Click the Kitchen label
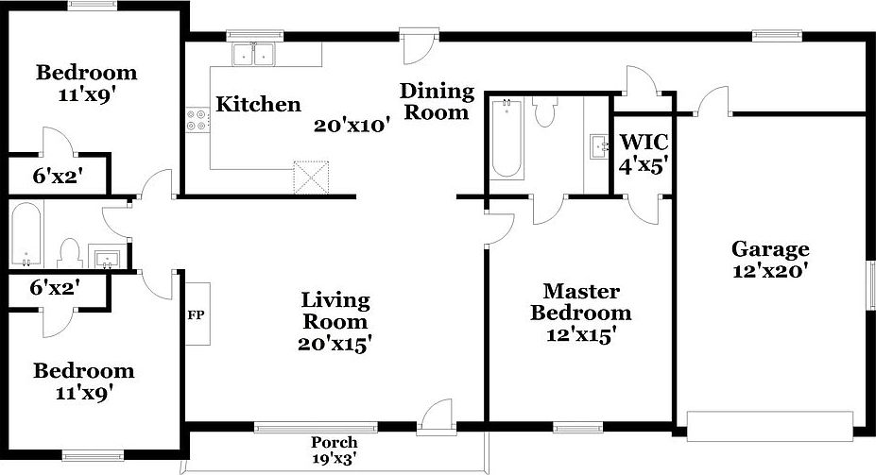coord(258,104)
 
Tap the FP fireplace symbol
coord(197,314)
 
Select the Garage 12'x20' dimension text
coord(770,269)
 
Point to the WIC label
coord(644,143)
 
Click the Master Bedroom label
coord(580,302)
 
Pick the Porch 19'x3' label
coord(335,443)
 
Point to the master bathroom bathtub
coord(507,138)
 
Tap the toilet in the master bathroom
coord(543,111)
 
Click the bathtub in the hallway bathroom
coord(26,236)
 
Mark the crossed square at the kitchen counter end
coord(308,177)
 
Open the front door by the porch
coord(436,416)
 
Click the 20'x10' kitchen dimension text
coord(352,127)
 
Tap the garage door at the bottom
coord(770,426)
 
